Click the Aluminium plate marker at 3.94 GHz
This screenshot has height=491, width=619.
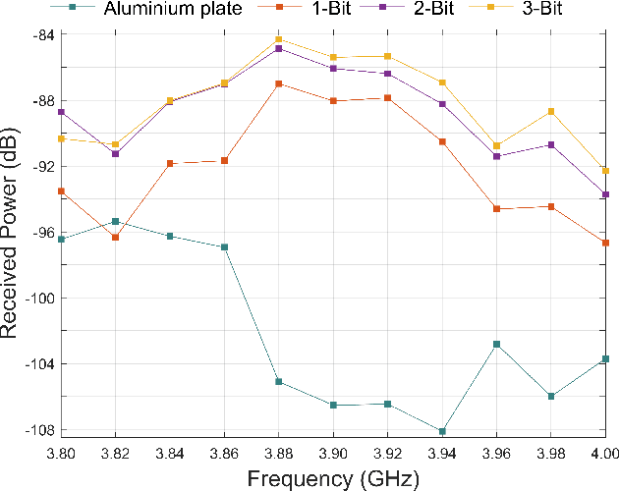point(442,432)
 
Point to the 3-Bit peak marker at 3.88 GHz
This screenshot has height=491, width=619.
point(279,39)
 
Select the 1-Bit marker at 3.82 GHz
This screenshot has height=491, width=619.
point(116,238)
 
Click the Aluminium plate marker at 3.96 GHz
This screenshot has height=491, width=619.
point(496,344)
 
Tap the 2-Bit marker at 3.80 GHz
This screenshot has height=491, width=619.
point(61,112)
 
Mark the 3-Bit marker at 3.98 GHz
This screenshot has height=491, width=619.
point(551,111)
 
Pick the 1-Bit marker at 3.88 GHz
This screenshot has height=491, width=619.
point(279,83)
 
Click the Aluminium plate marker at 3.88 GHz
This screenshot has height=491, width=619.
point(279,381)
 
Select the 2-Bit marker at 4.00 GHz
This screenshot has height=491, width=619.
point(605,194)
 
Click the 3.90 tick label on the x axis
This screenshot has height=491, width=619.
point(333,455)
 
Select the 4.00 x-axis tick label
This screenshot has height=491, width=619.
point(603,455)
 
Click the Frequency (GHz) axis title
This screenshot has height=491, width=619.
point(333,478)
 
